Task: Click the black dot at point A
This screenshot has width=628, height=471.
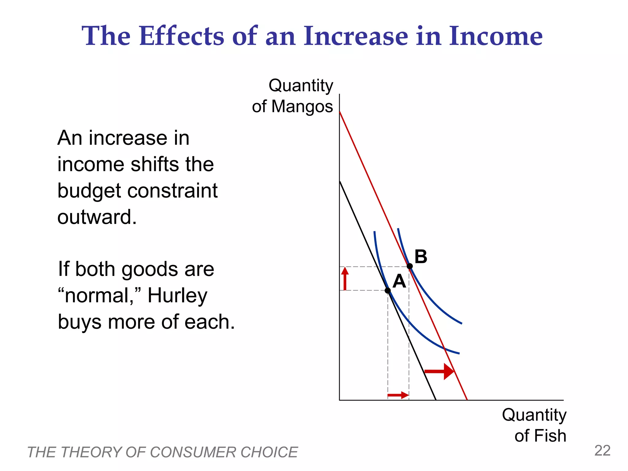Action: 388,290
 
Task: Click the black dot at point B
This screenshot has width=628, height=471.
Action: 410,266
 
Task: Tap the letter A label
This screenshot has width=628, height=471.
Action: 399,281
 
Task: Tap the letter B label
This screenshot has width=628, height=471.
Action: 421,256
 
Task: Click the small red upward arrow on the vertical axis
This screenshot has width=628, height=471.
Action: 345,278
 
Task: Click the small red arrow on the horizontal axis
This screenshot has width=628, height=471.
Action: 398,395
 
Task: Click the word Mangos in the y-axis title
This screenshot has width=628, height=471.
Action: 302,106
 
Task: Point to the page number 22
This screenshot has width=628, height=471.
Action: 602,451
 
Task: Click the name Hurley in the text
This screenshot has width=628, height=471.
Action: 177,296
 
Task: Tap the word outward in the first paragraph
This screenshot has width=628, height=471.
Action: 97,217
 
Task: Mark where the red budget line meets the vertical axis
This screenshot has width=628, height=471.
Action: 339,112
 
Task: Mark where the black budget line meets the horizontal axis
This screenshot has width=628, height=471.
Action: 436,400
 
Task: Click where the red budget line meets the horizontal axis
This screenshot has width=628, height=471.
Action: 467,400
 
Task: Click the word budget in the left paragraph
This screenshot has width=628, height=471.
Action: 89,191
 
